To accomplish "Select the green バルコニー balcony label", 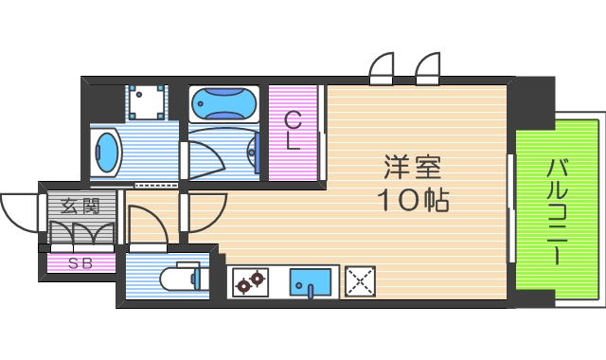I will coord(557,212).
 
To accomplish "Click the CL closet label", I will coord(294,133).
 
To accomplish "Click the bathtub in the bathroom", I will coord(223,102).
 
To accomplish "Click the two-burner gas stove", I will coord(252,281).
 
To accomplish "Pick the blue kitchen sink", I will coord(311,281).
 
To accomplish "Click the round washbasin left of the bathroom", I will coord(108,152).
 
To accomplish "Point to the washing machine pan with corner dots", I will coord(147,101).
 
